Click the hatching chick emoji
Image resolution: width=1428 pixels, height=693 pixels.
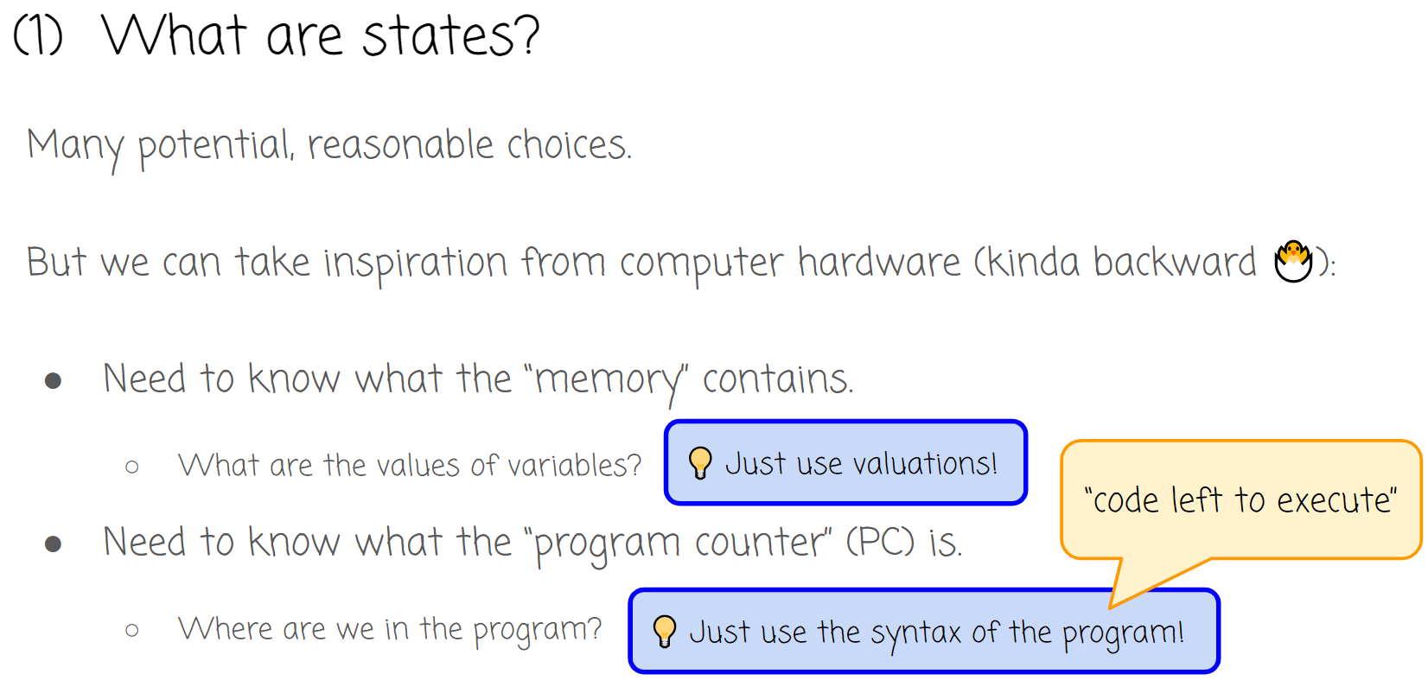click(x=1293, y=262)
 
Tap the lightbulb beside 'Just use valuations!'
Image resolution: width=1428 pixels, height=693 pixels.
click(x=699, y=463)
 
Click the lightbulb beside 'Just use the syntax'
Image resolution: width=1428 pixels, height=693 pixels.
click(x=664, y=632)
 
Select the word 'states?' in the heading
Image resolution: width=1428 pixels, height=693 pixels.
click(x=450, y=36)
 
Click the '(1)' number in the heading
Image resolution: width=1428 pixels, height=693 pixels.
click(x=39, y=36)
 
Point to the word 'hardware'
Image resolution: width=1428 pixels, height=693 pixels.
click(x=878, y=263)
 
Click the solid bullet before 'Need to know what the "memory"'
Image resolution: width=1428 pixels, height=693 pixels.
click(x=54, y=380)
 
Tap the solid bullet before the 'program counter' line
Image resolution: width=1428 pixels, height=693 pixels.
click(x=54, y=544)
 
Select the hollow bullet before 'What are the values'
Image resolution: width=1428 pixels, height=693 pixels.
click(x=132, y=467)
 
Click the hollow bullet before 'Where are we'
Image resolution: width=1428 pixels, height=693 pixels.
click(x=132, y=631)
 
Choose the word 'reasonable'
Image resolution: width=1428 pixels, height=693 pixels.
click(x=400, y=145)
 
